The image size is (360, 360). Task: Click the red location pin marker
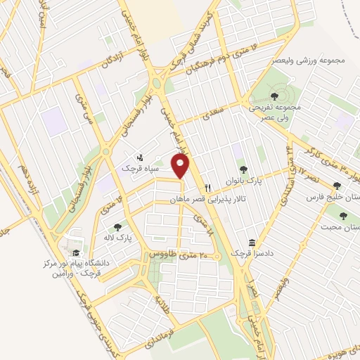coord(181,166)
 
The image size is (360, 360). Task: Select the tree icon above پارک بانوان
coord(243,169)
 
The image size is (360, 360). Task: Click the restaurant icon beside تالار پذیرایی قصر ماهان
coord(207,188)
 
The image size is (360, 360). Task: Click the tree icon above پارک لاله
coord(117,226)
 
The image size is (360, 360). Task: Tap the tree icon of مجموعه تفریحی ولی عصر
coord(274,96)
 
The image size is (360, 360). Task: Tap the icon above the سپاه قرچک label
coord(139,157)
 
